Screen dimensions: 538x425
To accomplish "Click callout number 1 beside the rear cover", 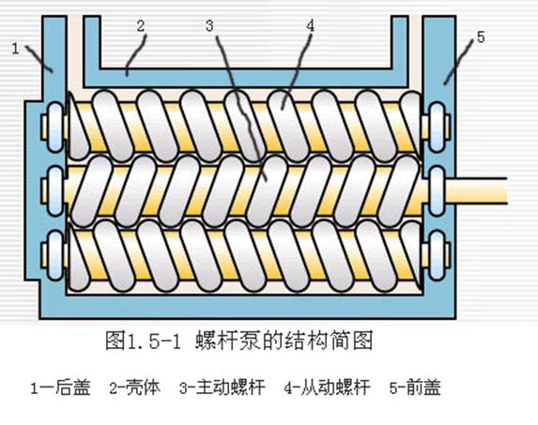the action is coord(15,49).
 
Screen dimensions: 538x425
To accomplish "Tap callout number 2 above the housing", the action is coord(141,26).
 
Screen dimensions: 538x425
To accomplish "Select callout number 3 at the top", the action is coord(209,25).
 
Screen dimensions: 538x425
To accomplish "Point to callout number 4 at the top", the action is coord(310,25).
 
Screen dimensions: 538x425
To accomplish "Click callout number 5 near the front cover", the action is coord(481,37).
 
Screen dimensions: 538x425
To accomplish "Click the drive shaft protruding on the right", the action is coord(476,191).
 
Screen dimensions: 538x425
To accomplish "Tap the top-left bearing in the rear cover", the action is coord(55,127).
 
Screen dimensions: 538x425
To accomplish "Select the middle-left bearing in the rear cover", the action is coord(55,190).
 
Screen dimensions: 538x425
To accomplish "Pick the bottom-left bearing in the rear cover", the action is coord(55,255).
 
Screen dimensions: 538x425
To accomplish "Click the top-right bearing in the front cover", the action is coord(437,127).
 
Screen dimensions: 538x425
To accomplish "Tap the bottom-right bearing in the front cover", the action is coord(437,255).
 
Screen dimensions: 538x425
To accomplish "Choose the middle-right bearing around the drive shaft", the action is coord(437,190).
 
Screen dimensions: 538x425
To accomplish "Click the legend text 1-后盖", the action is coord(60,387).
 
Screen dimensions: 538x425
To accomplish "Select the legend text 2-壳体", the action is coord(135,387).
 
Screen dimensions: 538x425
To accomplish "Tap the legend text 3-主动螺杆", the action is coord(223,387).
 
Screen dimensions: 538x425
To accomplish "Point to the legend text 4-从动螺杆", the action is coord(328,387).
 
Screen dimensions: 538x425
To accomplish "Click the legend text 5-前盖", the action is coord(415,387).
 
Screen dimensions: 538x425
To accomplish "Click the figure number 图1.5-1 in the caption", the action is coord(143,341).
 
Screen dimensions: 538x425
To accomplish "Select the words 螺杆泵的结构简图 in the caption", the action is coord(284,341).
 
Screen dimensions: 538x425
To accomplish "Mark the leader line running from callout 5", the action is coord(460,62).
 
